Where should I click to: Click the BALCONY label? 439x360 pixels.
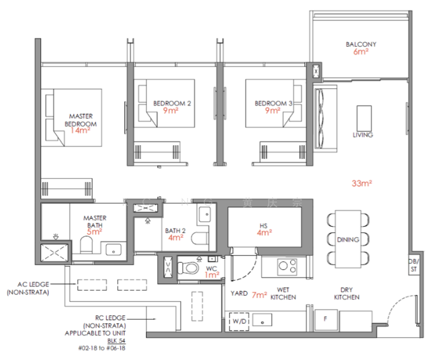[x=361, y=44]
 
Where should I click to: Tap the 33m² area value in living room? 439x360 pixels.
[x=362, y=184]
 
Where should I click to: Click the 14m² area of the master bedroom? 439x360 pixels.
[x=83, y=130]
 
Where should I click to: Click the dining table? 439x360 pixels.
[x=348, y=239]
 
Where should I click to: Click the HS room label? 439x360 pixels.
[x=262, y=226]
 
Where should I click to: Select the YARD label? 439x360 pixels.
[x=239, y=294]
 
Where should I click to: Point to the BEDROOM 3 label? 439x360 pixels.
[x=273, y=103]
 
